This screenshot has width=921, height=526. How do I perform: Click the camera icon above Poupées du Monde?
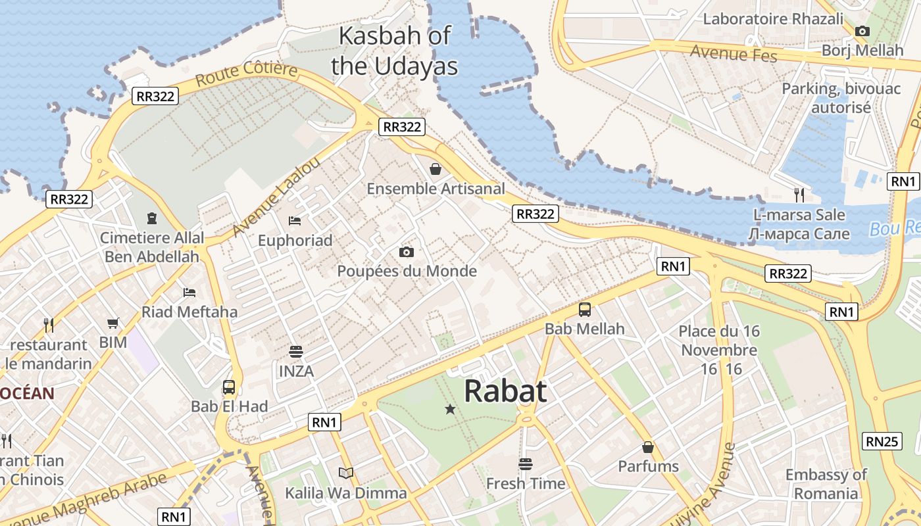click(x=407, y=252)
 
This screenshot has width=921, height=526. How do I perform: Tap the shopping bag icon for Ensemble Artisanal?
click(x=436, y=169)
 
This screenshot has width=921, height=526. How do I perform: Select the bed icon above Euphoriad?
click(x=295, y=220)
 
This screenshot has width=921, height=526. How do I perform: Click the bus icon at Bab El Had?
click(x=229, y=387)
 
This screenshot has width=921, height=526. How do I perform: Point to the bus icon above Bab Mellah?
click(x=585, y=309)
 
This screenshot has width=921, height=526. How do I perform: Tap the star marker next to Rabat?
click(x=450, y=409)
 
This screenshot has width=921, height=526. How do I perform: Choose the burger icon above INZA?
click(x=296, y=352)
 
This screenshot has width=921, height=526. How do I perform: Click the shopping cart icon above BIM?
click(x=113, y=323)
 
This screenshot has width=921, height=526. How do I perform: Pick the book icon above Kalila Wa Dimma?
click(x=345, y=473)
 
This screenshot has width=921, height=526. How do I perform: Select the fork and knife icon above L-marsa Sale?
click(x=799, y=195)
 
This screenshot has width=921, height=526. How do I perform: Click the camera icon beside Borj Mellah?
click(x=862, y=31)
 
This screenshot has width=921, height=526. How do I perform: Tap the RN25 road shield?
click(x=882, y=441)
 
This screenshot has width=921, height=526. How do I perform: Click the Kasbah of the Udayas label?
click(x=395, y=51)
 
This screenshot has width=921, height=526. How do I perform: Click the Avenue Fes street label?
click(x=734, y=53)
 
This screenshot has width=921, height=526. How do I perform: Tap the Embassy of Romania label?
click(x=826, y=484)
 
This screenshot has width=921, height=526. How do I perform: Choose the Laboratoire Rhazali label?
click(x=773, y=18)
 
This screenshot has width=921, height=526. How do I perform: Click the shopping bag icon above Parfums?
click(x=648, y=447)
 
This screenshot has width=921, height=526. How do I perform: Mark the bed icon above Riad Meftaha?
click(x=189, y=291)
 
